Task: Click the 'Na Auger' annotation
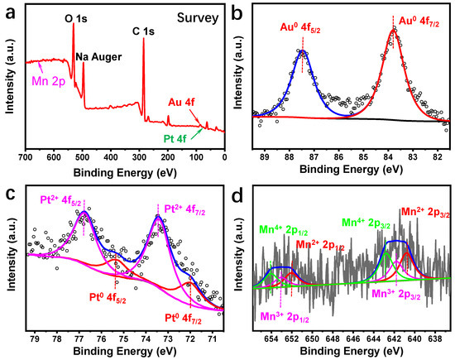(98, 57)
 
